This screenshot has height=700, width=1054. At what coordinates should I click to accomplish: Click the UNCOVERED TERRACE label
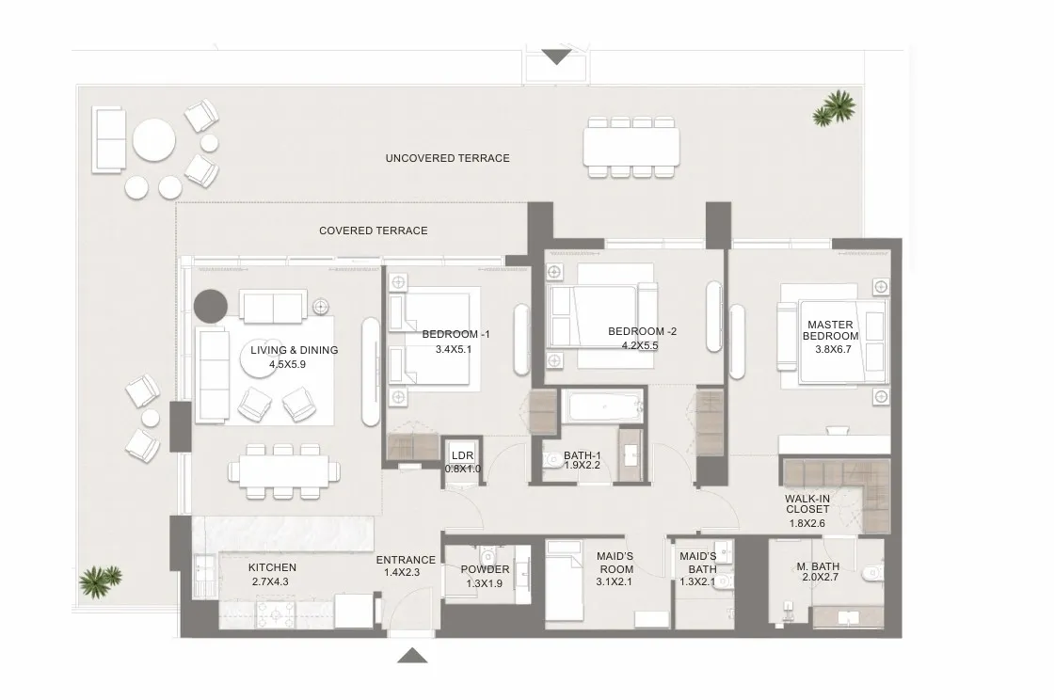point(448,159)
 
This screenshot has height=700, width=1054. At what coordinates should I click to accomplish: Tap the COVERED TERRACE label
point(373,231)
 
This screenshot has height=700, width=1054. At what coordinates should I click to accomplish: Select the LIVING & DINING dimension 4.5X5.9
point(288,365)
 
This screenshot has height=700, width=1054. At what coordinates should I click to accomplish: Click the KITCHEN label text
point(272,567)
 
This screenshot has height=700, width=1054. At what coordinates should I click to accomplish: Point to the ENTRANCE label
point(406,560)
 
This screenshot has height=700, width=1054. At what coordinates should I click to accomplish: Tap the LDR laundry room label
point(462,455)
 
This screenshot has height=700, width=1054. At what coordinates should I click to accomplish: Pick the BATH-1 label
point(583,455)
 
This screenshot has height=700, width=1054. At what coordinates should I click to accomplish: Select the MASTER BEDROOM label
point(831,330)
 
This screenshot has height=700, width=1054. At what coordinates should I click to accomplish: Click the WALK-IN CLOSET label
point(807,504)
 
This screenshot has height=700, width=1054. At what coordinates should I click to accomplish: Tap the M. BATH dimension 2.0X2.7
point(820,577)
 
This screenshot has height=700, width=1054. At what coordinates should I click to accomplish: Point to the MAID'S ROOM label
point(615,563)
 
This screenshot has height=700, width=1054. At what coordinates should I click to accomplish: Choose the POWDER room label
point(485,569)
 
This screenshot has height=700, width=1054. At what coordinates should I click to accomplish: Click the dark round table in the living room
point(211,305)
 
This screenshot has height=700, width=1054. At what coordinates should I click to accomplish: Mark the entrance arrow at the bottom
point(412,655)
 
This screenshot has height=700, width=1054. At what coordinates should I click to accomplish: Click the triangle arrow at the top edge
point(556,57)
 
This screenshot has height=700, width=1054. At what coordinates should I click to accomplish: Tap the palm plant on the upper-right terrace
point(834,109)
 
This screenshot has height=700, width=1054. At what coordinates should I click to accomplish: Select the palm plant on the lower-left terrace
point(100,581)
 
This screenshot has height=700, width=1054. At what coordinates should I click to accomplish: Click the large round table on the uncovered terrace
point(154,140)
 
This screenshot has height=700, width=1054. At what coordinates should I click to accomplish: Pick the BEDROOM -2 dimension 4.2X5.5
point(640,346)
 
